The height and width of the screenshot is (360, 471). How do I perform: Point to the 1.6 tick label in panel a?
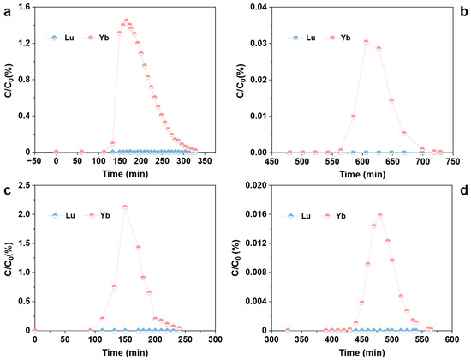coord(23,7)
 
